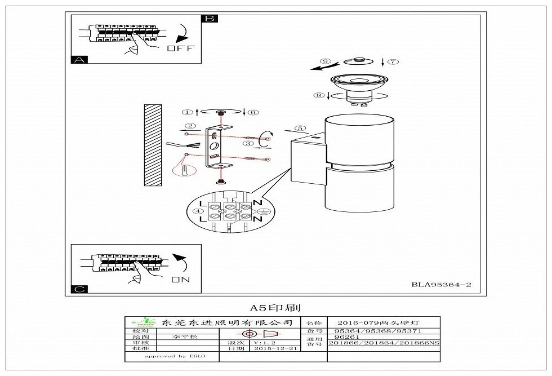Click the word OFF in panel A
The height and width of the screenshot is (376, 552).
(x=180, y=48)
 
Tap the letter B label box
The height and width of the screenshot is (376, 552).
(x=210, y=18)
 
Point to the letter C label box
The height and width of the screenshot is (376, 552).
(x=79, y=289)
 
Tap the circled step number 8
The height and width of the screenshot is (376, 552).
(x=319, y=96)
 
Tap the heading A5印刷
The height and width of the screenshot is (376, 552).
(x=275, y=308)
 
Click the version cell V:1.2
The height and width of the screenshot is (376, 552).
(x=269, y=343)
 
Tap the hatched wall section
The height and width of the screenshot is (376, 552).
(x=152, y=145)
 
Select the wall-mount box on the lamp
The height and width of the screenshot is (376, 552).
(x=309, y=162)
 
